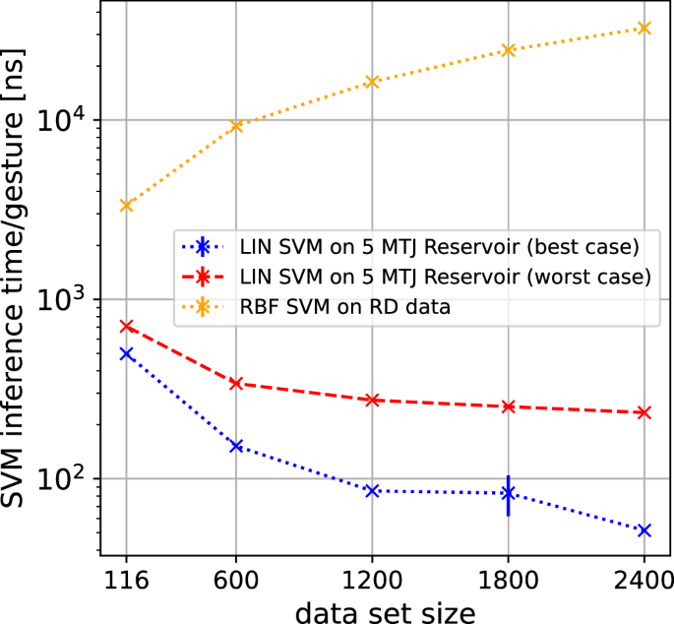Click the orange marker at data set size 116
coord(126,205)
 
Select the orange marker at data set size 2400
coord(644,28)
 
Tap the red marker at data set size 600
coord(236,383)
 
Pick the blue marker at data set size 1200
coord(372,490)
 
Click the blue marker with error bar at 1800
coord(508,492)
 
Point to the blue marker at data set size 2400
coord(644,530)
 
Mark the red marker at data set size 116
coord(126,325)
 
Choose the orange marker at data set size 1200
coord(372,81)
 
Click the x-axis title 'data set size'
coord(385,610)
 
